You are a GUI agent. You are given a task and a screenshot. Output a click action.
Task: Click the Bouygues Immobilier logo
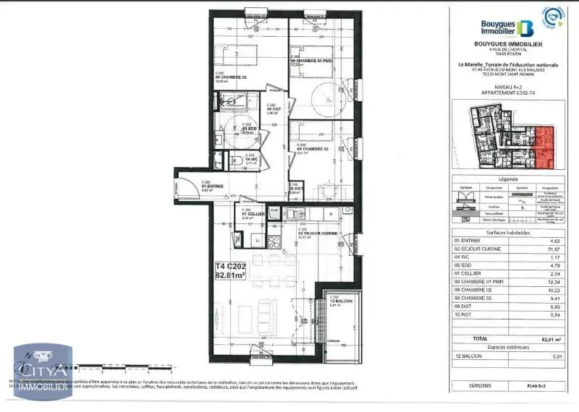coord(507,28)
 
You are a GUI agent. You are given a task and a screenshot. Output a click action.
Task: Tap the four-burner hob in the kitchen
coord(274,243)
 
